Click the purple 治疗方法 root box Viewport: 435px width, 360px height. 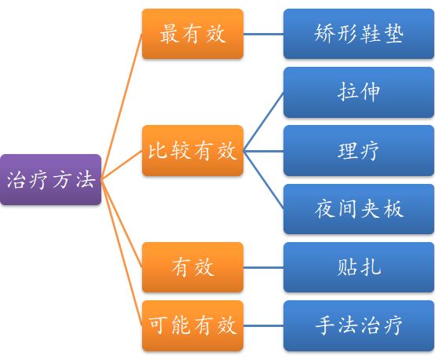click(50, 180)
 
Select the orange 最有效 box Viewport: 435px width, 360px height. click(192, 34)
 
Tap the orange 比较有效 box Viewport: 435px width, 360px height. click(192, 150)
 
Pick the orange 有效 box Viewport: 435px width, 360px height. click(192, 267)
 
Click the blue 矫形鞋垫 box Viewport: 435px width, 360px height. click(358, 34)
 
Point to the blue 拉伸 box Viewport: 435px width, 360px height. click(358, 92)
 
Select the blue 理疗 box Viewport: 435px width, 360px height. click(358, 150)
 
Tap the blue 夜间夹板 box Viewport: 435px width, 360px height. click(358, 209)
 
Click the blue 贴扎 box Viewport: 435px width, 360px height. click(358, 267)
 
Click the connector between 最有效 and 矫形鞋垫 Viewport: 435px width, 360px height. click(263, 34)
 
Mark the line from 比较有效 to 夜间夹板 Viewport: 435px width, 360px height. click(263, 179)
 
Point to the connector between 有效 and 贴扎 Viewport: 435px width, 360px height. click(263, 267)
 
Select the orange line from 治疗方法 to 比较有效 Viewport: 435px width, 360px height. click(122, 165)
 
